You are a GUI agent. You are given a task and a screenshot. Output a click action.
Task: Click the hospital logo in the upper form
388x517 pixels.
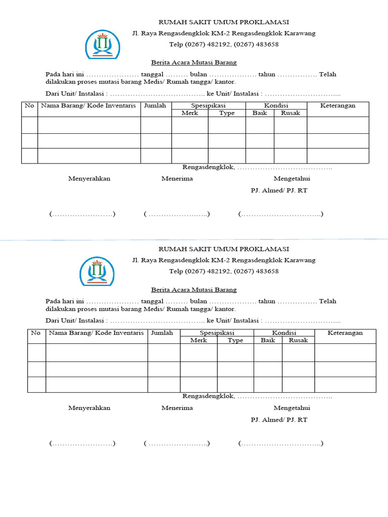[x=103, y=44]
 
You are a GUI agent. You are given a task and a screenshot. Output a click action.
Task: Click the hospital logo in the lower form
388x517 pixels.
[x=97, y=271]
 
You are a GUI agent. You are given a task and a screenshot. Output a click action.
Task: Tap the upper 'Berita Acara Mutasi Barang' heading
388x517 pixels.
[x=194, y=63]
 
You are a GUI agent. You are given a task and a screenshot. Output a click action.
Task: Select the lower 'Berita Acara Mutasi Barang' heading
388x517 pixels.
[x=194, y=290]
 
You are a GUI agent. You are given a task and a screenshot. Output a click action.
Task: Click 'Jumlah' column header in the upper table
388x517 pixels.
[x=156, y=106]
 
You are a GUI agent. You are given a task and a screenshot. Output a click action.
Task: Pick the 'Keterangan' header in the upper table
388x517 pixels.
[x=337, y=106]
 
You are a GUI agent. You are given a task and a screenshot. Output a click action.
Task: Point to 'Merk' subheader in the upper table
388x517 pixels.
[x=189, y=113]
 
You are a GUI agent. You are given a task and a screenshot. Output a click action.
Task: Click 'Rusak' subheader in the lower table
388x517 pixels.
[x=298, y=340]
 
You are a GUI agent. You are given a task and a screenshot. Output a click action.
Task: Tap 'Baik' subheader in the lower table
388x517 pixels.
[x=268, y=340]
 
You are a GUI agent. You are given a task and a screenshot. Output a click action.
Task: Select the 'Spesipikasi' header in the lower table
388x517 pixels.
[x=217, y=333]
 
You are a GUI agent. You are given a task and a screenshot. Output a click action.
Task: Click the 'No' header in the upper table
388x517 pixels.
[x=29, y=106]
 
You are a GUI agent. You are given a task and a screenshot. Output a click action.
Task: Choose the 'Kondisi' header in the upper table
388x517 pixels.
[x=276, y=106]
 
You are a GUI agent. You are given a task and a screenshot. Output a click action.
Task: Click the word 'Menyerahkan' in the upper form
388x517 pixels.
[x=89, y=178]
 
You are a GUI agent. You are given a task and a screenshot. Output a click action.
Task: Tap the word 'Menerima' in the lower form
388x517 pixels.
[x=177, y=408]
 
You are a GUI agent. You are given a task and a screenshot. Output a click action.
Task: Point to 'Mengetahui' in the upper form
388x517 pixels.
[x=292, y=178]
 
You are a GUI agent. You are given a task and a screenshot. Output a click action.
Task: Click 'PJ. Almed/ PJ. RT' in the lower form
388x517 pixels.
[x=279, y=420]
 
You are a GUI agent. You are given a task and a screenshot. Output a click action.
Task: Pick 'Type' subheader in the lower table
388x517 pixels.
[x=235, y=340]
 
